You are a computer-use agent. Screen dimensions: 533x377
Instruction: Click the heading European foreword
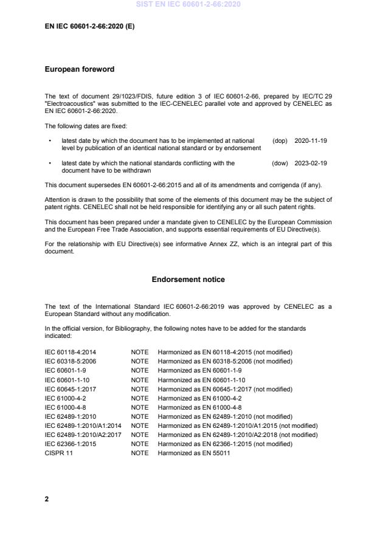click(80, 69)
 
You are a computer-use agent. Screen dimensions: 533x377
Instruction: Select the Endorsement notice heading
click(188, 280)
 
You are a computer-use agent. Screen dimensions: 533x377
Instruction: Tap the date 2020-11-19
click(311, 140)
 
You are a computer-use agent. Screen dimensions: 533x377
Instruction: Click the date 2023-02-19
click(311, 163)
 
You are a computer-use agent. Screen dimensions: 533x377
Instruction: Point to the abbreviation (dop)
click(280, 140)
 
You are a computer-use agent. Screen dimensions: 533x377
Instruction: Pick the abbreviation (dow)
click(280, 163)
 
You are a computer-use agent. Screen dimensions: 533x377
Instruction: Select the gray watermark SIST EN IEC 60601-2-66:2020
click(188, 4)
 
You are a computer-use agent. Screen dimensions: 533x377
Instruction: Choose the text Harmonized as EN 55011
click(193, 453)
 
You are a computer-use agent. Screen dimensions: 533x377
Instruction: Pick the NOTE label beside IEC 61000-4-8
click(139, 407)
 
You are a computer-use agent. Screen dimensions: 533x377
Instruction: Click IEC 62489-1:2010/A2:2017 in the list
click(83, 435)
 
